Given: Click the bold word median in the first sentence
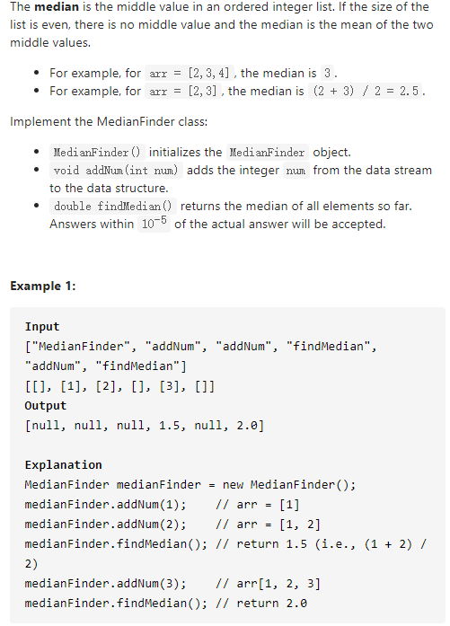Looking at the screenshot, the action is [57, 7].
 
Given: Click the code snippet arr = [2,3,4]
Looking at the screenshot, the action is [190, 73].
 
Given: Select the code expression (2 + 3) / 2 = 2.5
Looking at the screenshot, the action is [366, 91].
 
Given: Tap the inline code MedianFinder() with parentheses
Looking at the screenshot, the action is [97, 152].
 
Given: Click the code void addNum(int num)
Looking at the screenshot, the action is [116, 171].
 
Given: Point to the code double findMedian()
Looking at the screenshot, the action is [112, 206].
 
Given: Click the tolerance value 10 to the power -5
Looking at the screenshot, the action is [154, 223].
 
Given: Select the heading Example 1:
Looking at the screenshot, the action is [43, 286].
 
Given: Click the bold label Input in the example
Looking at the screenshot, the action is [42, 327].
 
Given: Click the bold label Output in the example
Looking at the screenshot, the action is [46, 406].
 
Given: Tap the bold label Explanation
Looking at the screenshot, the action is [63, 464].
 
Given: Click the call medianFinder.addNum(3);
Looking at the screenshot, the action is [105, 584].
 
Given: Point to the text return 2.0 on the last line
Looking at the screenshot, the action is [271, 604].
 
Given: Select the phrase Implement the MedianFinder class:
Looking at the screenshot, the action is [109, 121].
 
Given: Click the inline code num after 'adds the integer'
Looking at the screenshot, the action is [296, 171].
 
